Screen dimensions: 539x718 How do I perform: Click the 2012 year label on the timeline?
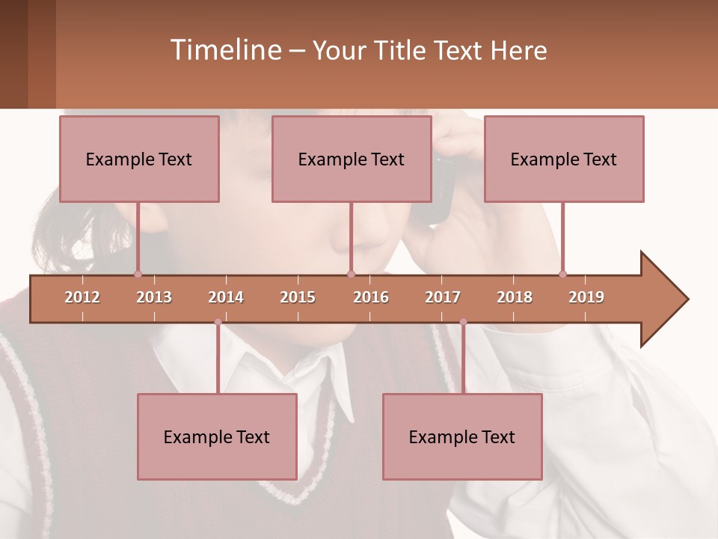click(82, 297)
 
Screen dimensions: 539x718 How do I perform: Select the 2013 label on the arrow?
click(154, 297)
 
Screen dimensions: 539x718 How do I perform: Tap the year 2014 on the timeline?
click(226, 297)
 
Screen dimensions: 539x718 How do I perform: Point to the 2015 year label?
click(298, 297)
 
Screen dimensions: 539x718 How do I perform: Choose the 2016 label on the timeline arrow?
click(371, 297)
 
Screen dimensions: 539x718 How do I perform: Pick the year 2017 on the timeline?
click(443, 297)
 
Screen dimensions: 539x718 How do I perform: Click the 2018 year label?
click(515, 297)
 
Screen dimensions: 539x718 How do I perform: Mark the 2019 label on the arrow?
click(586, 297)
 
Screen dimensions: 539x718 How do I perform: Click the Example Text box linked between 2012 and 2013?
click(139, 159)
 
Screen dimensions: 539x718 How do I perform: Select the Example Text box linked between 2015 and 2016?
click(352, 159)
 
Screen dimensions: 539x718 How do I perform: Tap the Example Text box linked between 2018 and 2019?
click(564, 159)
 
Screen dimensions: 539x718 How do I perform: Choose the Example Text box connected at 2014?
click(217, 436)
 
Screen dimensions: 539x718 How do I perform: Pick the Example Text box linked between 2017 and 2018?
click(462, 436)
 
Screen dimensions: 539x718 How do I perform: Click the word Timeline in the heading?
click(225, 50)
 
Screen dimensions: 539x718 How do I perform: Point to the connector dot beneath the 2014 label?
click(218, 322)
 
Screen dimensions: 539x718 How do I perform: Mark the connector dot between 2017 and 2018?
click(463, 322)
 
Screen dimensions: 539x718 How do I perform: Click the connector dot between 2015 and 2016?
click(351, 274)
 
